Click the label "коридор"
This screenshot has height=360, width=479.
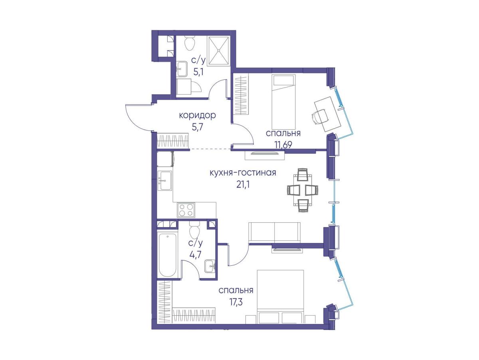click(x=197, y=115)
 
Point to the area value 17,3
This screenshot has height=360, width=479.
click(x=236, y=303)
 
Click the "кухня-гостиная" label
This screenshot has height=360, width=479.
click(x=243, y=172)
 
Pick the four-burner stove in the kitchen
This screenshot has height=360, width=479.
click(x=186, y=210)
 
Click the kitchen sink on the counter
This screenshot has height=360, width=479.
click(x=165, y=181)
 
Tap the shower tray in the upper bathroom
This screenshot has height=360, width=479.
click(x=218, y=51)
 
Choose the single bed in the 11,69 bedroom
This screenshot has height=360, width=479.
click(x=283, y=101)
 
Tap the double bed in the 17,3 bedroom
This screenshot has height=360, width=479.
click(x=281, y=296)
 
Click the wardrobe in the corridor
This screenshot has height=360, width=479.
click(x=173, y=141)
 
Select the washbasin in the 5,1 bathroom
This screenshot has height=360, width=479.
click(x=182, y=69)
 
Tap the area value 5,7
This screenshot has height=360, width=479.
click(x=197, y=127)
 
